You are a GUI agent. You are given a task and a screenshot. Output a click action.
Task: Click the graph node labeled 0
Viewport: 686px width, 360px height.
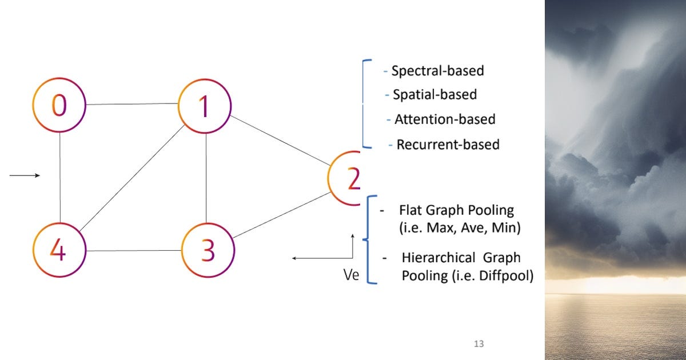pyautogui.click(x=59, y=106)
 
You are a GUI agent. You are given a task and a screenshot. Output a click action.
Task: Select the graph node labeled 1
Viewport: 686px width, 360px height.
pyautogui.click(x=205, y=106)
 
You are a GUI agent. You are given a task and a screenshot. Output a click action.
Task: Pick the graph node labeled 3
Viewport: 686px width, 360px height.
pyautogui.click(x=208, y=250)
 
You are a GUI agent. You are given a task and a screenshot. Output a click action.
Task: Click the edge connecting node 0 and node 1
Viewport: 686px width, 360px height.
pyautogui.click(x=131, y=104)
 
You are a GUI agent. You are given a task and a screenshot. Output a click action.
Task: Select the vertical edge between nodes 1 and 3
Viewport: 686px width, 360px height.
pyautogui.click(x=206, y=177)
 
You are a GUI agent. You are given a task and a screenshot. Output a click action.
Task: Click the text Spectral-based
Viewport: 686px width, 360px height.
pyautogui.click(x=437, y=71)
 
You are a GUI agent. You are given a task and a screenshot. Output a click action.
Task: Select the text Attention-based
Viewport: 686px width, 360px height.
pyautogui.click(x=445, y=119)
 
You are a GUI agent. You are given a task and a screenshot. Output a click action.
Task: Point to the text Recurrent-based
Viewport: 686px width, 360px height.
pyautogui.click(x=448, y=145)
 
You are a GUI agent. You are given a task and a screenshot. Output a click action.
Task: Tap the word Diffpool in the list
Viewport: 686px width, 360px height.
pyautogui.click(x=508, y=275)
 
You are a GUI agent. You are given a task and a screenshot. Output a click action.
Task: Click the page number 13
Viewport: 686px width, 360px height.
pyautogui.click(x=479, y=344)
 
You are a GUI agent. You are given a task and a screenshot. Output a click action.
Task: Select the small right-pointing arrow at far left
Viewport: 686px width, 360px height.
pyautogui.click(x=25, y=175)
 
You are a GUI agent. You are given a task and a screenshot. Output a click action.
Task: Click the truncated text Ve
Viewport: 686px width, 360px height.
pyautogui.click(x=350, y=275)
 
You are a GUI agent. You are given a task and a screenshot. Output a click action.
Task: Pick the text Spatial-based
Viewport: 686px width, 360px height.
pyautogui.click(x=434, y=95)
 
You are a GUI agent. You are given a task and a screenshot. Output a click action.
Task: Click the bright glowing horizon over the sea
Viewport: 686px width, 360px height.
pyautogui.click(x=615, y=283)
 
